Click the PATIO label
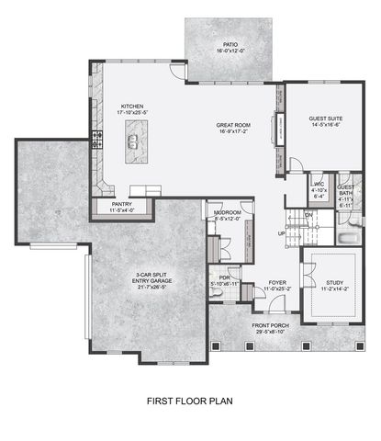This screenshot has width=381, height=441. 230,43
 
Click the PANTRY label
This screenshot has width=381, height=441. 123,204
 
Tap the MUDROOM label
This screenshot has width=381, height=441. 227,212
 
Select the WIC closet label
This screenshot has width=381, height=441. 319,188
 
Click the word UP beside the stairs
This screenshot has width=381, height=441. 282,233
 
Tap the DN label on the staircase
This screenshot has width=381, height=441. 308,214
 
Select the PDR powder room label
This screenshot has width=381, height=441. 224,277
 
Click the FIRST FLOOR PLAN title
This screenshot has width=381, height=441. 190,401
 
